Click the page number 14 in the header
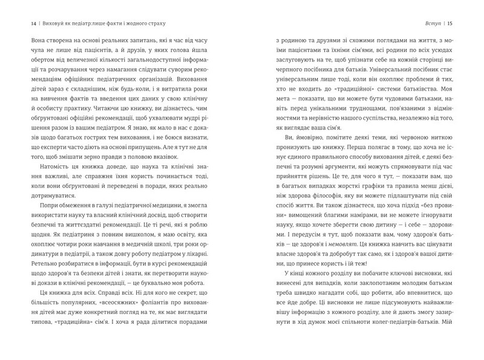click(25, 23)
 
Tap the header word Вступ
click(436, 23)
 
